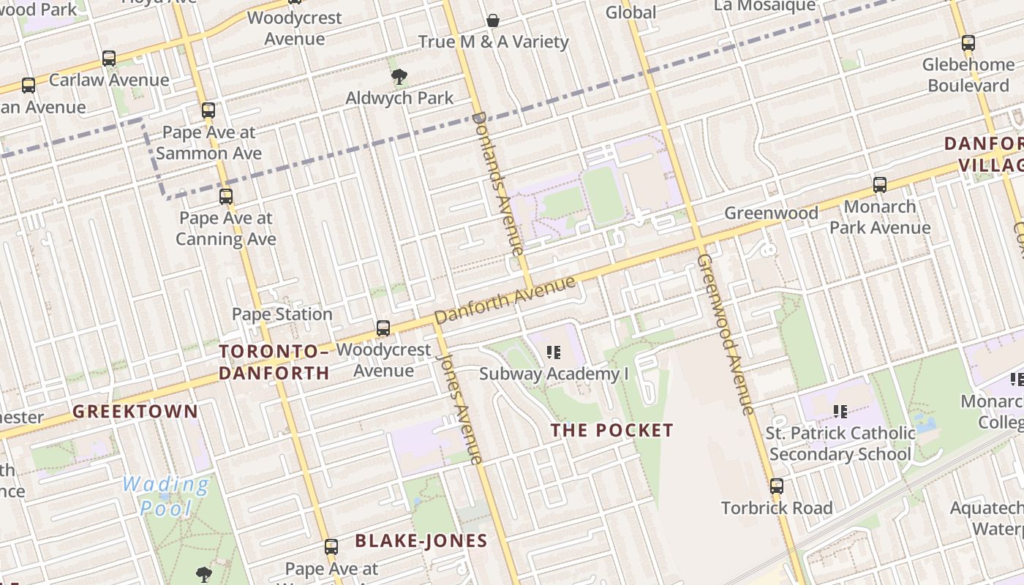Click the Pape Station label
pos(282,314)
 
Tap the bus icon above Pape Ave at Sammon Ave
pos(208,111)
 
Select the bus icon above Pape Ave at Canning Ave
pos(226,197)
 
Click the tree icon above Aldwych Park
pos(399,77)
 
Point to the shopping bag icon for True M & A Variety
pos(494,20)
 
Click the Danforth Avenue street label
pos(505,301)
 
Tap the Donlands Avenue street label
pos(499,183)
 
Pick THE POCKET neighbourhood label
pos(611,430)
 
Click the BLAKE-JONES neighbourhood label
pos(421,541)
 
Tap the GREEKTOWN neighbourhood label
pos(135,411)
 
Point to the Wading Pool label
pos(166,496)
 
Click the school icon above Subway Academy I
pos(554,353)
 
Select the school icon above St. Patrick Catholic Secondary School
pos(840,412)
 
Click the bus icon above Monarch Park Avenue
pos(880,185)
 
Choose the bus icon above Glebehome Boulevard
pos(968,43)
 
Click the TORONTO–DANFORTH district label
pos(274,362)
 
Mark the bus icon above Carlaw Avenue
pos(109,58)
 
